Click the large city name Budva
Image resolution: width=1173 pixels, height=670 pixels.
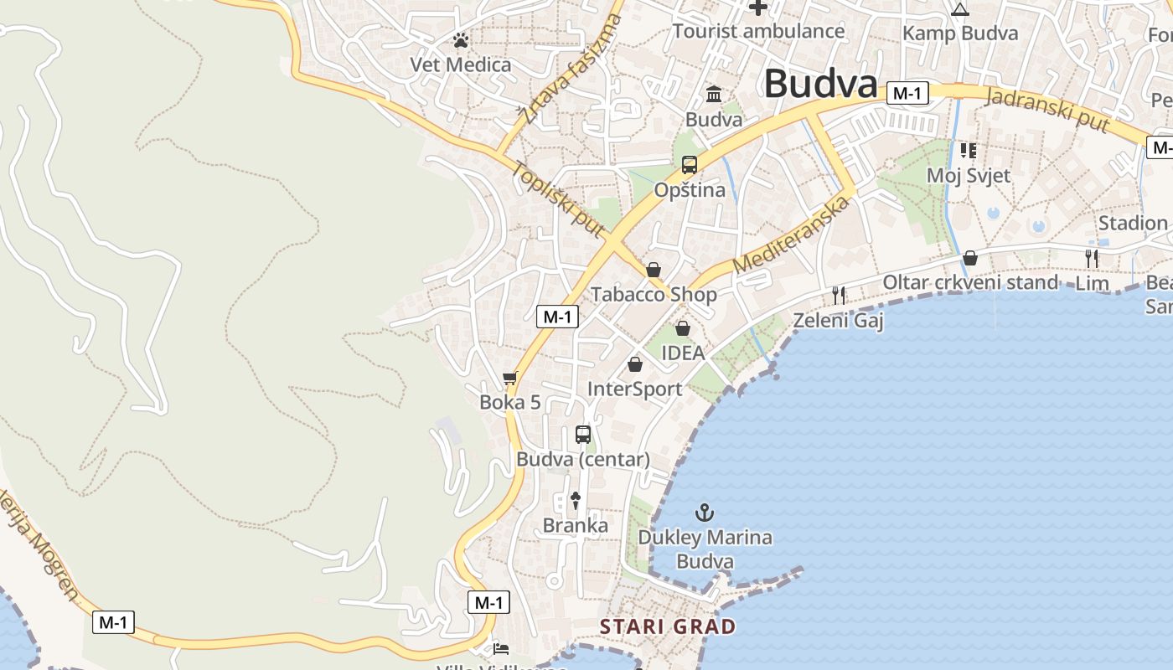point(820,84)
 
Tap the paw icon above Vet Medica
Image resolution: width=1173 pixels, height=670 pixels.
point(460,39)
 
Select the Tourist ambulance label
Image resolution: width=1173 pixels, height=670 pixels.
point(759,32)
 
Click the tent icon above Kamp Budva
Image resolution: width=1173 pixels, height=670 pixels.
point(960,9)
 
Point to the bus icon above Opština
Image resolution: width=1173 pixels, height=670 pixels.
point(690,164)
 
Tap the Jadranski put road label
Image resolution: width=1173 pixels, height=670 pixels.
point(1048,109)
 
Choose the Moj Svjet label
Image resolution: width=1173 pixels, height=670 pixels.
point(969,176)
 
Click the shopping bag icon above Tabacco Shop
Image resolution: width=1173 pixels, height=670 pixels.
point(654,270)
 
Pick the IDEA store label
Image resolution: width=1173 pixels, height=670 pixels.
point(683,353)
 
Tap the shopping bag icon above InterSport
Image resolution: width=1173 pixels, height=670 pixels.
point(635,364)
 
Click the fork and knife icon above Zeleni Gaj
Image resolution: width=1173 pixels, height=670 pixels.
point(839,295)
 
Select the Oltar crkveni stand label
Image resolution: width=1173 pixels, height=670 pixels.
point(970,282)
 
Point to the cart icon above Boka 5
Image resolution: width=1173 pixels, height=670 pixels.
point(509,379)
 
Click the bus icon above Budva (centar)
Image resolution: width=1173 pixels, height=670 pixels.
point(583,435)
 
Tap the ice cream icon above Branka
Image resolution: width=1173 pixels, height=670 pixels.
point(576,501)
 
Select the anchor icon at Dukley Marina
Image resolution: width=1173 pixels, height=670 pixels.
point(705,512)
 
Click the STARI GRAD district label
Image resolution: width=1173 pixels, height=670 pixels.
point(668,626)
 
